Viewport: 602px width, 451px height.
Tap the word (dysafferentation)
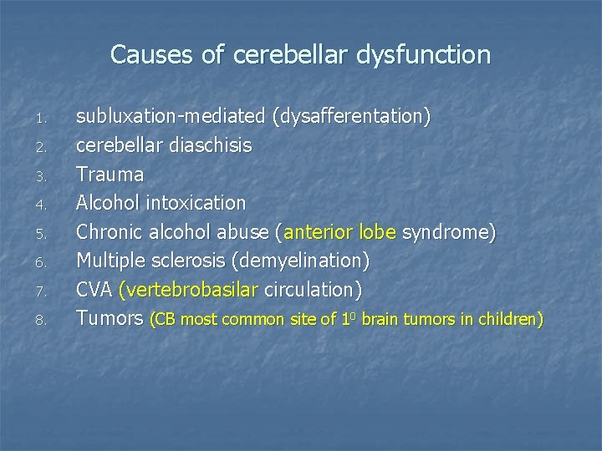click(351, 117)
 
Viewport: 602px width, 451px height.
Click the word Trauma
click(110, 174)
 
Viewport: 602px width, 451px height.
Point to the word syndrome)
click(449, 231)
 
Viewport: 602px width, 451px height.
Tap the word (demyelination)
click(302, 261)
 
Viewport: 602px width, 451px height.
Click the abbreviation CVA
click(95, 289)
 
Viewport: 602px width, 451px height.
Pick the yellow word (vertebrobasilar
click(189, 289)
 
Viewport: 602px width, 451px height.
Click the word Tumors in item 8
click(110, 317)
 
